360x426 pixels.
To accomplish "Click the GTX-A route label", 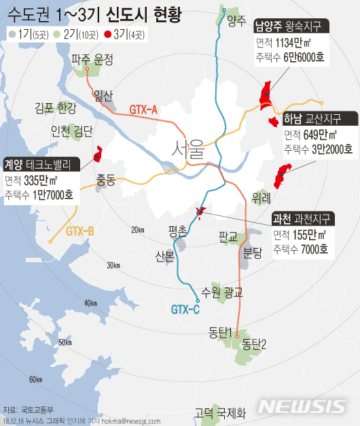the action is point(143,109).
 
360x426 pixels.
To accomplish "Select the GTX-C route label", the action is point(185,310).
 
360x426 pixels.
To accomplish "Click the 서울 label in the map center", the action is point(188,149).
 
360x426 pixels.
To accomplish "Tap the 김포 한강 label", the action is point(57,107).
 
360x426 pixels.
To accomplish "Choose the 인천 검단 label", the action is point(71,130).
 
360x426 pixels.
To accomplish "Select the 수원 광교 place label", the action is point(222,292).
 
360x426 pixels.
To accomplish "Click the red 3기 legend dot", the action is point(117,33).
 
